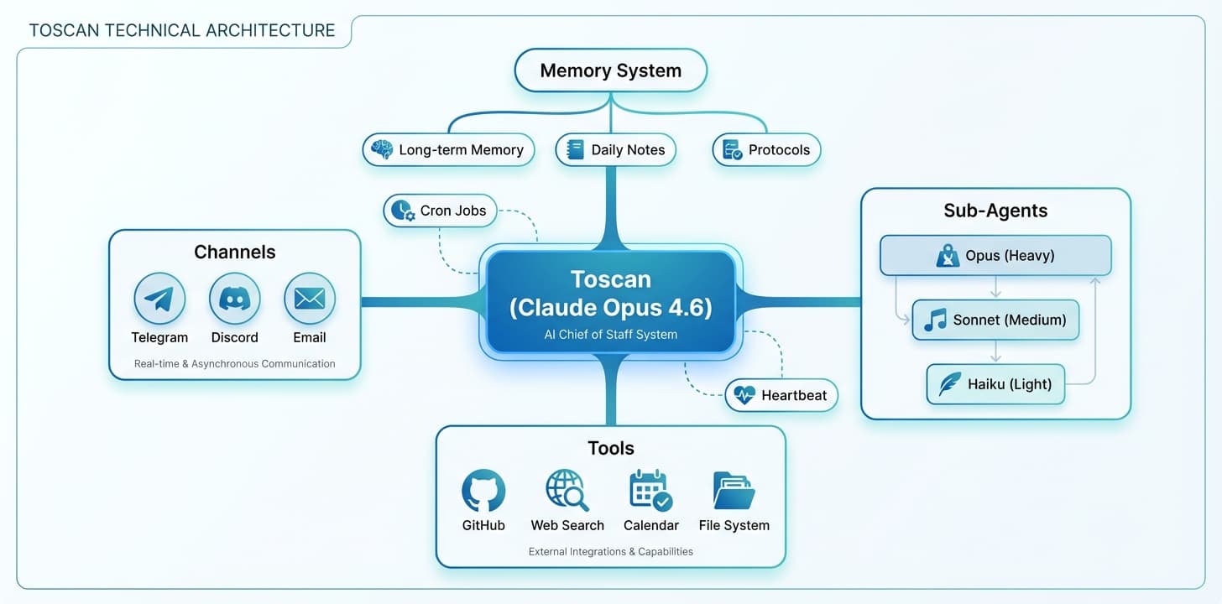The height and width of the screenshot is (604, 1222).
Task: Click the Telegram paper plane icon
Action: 159,299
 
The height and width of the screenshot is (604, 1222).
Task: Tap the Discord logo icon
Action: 235,299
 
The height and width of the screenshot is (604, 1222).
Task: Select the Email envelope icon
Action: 310,299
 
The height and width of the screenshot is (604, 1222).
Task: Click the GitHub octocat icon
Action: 483,490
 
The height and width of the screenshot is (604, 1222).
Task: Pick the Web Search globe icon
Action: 567,490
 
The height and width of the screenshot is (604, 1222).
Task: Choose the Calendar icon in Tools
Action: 650,490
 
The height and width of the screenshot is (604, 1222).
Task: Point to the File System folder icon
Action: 734,490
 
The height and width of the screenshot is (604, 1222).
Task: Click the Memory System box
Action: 611,70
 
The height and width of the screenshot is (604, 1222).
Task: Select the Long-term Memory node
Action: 448,150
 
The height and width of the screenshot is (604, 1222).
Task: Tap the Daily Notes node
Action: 616,150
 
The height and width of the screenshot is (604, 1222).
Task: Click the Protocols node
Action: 766,150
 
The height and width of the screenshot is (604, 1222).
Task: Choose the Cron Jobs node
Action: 441,211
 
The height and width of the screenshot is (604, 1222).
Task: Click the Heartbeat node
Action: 781,395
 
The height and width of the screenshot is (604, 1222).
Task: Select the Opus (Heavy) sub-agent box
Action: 995,256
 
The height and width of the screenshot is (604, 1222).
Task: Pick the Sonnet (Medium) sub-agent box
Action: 995,320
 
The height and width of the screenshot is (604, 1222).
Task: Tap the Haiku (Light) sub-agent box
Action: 995,384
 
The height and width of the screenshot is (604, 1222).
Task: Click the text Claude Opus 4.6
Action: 611,308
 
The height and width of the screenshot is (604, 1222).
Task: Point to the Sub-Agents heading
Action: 995,210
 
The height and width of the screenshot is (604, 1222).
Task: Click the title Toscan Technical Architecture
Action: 182,31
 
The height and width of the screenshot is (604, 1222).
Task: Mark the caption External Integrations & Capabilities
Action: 611,551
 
